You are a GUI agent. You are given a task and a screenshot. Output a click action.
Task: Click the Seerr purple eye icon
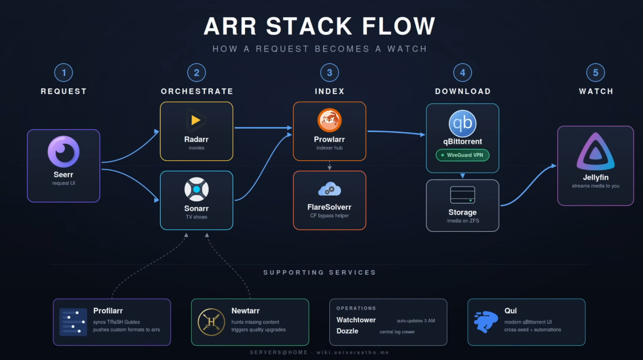[64, 151]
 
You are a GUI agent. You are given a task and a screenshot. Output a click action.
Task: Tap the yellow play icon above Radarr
[196, 120]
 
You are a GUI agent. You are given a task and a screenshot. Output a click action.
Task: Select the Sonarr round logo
[196, 189]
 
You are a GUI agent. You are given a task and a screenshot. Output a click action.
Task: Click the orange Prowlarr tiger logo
[330, 120]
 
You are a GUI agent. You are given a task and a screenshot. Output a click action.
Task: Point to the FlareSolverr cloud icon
[330, 189]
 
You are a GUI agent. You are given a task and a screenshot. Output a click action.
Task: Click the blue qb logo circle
[462, 123]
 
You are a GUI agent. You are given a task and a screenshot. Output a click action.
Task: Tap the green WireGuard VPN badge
[462, 155]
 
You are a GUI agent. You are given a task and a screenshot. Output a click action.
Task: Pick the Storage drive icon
[462, 195]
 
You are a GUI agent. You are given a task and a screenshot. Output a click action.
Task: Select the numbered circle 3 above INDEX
[330, 73]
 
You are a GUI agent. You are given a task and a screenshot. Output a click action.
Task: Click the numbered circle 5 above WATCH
[596, 73]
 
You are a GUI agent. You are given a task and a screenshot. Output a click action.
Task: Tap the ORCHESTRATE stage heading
[197, 91]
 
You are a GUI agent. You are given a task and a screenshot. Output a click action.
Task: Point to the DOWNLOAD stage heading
[463, 91]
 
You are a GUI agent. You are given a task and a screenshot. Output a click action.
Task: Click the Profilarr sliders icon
[73, 322]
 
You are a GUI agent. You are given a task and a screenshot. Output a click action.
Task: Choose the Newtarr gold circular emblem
[211, 322]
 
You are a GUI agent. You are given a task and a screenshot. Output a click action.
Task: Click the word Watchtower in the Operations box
[356, 320]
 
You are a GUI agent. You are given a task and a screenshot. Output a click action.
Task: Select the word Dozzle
[348, 331]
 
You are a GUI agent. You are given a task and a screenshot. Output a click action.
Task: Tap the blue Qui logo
[486, 322]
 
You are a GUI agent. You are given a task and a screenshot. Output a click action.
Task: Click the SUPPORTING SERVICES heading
[320, 272]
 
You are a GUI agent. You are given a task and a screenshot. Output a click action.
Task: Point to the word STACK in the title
[309, 26]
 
